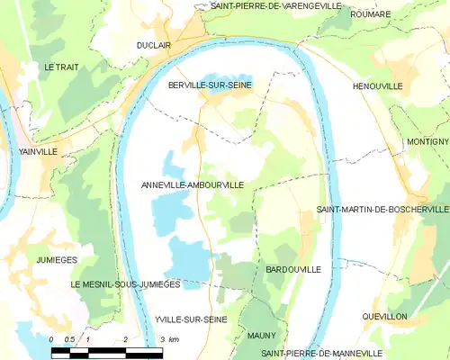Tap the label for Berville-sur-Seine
(x=211, y=85)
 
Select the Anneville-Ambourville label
(x=193, y=184)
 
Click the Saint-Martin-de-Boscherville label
(x=382, y=209)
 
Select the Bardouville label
(x=293, y=269)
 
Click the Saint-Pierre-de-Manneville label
(x=321, y=352)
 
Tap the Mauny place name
(x=261, y=336)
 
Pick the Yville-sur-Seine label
(x=190, y=319)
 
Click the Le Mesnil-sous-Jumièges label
(x=126, y=283)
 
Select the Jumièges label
(x=58, y=259)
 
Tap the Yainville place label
(x=38, y=152)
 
